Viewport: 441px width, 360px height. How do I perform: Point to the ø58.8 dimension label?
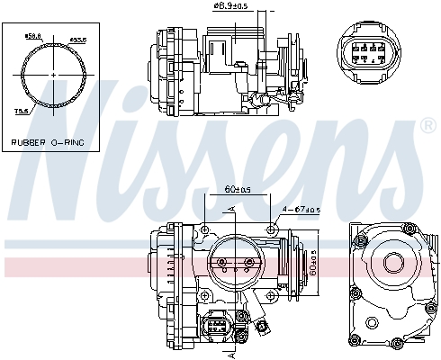(x=33, y=36)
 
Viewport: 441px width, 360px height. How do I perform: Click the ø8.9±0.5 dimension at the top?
(x=233, y=7)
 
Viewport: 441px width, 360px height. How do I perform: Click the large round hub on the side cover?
(x=393, y=264)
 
